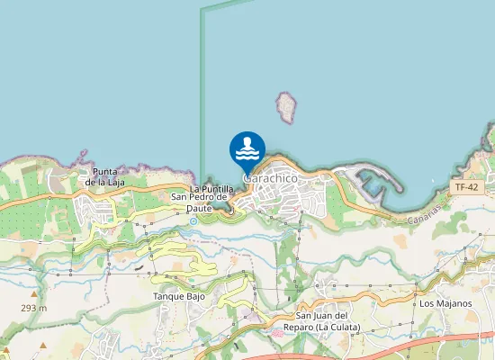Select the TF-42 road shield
pyautogui.click(x=465, y=187)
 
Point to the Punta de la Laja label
pyautogui.click(x=105, y=176)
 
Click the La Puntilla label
pyautogui.click(x=212, y=188)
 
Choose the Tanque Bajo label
pyautogui.click(x=179, y=296)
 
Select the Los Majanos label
pyautogui.click(x=445, y=303)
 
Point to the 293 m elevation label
pyautogui.click(x=34, y=308)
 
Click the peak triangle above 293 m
pyautogui.click(x=33, y=294)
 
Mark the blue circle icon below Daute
pyautogui.click(x=193, y=220)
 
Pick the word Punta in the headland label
pyautogui.click(x=105, y=171)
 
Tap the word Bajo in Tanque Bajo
pyautogui.click(x=196, y=296)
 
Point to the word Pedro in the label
pyautogui.click(x=209, y=197)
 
